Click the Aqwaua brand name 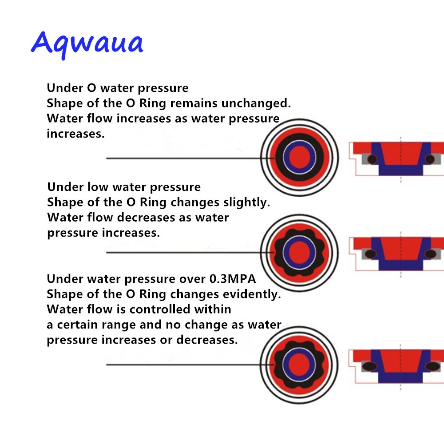click(x=87, y=44)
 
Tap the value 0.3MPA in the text click(x=232, y=279)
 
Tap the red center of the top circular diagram click(x=299, y=157)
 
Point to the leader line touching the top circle click(x=186, y=158)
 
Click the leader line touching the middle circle click(x=186, y=253)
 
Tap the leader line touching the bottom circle click(x=186, y=365)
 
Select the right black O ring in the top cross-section click(x=429, y=159)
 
